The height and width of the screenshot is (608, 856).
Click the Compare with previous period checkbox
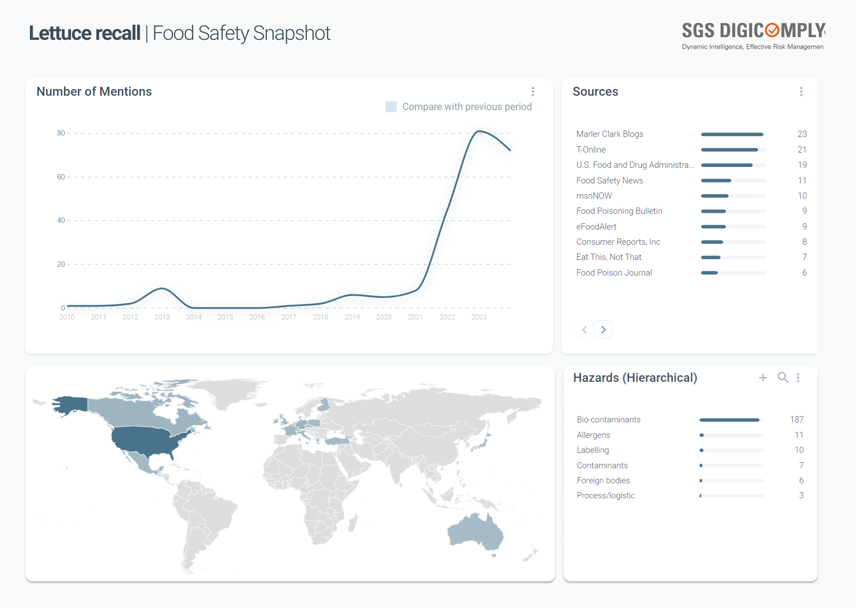tap(391, 106)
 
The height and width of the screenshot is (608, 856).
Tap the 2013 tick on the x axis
tap(162, 317)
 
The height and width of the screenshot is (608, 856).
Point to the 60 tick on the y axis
tap(61, 177)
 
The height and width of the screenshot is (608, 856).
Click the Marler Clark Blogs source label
tap(610, 134)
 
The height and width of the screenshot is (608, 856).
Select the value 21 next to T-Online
tap(802, 149)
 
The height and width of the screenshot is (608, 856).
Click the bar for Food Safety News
tap(733, 181)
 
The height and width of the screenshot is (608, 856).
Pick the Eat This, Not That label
tap(609, 257)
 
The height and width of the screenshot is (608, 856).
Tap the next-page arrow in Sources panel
tap(603, 330)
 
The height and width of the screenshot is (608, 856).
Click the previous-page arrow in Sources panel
tap(584, 330)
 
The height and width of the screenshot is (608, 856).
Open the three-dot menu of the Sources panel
tap(801, 92)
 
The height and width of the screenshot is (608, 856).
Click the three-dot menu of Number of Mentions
tap(533, 92)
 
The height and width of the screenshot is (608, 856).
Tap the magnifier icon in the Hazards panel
tap(783, 378)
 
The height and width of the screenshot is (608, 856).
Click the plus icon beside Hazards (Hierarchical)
tap(763, 378)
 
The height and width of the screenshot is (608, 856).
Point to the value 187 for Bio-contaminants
tap(797, 420)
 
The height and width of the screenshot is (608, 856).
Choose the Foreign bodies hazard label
tap(603, 480)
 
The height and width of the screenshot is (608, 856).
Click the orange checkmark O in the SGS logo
tap(772, 30)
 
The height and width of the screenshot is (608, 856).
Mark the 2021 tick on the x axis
tap(415, 317)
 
